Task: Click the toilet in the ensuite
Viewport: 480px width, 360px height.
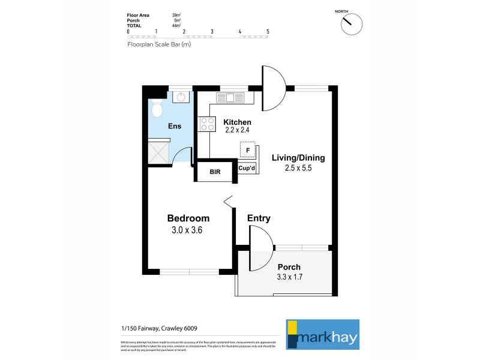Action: click(157, 109)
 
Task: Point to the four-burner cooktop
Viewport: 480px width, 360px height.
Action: click(207, 124)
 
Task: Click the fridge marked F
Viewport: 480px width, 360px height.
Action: click(248, 149)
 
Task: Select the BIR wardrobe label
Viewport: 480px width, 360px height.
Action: click(215, 172)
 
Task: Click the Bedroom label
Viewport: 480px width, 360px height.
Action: click(188, 218)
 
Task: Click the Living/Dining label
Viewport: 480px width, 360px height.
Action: click(298, 158)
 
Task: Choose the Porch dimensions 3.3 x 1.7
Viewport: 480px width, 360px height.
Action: click(289, 277)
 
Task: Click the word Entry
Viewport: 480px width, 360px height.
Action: click(259, 218)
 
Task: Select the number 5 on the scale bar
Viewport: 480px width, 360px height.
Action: click(268, 31)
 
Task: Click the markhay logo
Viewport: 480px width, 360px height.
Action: click(322, 334)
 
